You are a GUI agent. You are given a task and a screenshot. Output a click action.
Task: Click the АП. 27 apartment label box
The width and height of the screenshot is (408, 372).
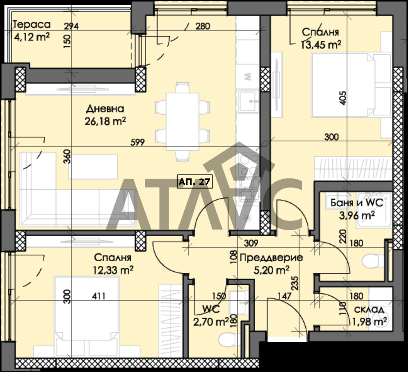pyautogui.click(x=195, y=181)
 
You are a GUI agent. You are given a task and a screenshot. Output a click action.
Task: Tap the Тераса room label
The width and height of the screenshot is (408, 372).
pyautogui.click(x=31, y=25)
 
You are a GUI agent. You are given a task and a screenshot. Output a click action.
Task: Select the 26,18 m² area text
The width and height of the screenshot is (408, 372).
pyautogui.click(x=105, y=121)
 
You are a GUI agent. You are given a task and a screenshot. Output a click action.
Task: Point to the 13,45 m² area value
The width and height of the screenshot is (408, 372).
pyautogui.click(x=321, y=45)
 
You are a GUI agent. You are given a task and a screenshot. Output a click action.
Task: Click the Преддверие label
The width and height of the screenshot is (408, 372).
pyautogui.click(x=271, y=258)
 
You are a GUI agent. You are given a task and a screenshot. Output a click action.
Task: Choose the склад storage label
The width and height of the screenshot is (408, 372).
pyautogui.click(x=369, y=310)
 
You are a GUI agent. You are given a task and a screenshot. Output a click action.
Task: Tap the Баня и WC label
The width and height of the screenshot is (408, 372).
pyautogui.click(x=357, y=203)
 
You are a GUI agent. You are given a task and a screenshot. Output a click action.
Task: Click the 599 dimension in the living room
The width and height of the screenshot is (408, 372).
pyautogui.click(x=137, y=142)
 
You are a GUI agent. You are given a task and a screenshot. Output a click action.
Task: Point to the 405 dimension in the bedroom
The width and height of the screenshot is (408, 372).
pyautogui.click(x=343, y=98)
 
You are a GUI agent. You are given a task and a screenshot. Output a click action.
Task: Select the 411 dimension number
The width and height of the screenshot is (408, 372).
pyautogui.click(x=99, y=296)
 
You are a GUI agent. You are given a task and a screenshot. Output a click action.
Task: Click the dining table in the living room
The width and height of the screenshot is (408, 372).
pyautogui.click(x=182, y=122)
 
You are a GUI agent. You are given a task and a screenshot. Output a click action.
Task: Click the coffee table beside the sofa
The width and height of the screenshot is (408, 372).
pyautogui.click(x=93, y=166)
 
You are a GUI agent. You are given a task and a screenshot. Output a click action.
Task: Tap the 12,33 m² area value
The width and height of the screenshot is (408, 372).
pyautogui.click(x=113, y=270)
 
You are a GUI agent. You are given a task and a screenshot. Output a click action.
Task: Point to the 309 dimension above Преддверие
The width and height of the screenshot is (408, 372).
pyautogui.click(x=251, y=243)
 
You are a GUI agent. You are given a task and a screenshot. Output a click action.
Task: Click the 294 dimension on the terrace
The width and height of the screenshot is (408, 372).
pyautogui.click(x=71, y=26)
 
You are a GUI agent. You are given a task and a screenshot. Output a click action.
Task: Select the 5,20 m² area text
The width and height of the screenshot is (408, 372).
pyautogui.click(x=271, y=270)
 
